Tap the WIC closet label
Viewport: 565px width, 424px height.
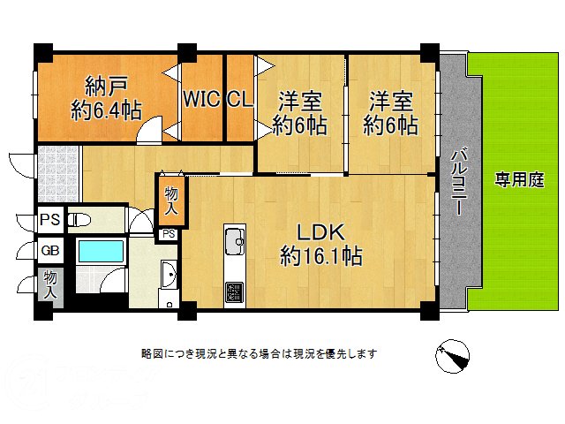pyautogui.click(x=200, y=99)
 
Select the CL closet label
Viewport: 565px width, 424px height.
pyautogui.click(x=238, y=99)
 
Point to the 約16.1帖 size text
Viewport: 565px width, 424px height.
pyautogui.click(x=319, y=256)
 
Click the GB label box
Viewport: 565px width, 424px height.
pyautogui.click(x=49, y=251)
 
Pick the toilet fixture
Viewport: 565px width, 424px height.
pyautogui.click(x=79, y=219)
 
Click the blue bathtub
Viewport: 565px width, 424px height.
pyautogui.click(x=102, y=251)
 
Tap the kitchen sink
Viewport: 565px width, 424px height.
pyautogui.click(x=235, y=240)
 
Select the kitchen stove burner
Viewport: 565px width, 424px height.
pyautogui.click(x=236, y=291)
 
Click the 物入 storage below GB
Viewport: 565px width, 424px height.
pyautogui.click(x=50, y=284)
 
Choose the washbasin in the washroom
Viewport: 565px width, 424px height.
pyautogui.click(x=169, y=277)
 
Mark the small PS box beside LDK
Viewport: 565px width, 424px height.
pyautogui.click(x=168, y=234)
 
